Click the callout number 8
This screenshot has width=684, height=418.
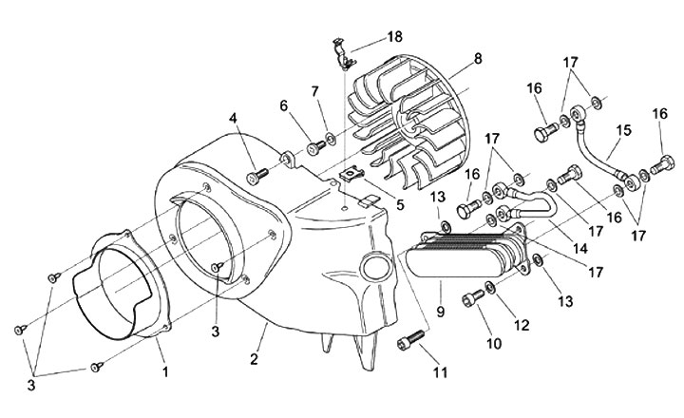point(478,58)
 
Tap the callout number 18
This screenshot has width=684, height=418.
point(393,36)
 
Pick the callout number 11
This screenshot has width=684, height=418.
point(440,373)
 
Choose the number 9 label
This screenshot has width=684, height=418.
point(439,310)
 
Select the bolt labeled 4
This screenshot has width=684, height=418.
point(256,176)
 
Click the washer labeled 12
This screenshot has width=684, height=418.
point(490,287)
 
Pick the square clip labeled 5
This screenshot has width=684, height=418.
point(352,174)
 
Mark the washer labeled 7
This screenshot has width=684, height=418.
point(331,141)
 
